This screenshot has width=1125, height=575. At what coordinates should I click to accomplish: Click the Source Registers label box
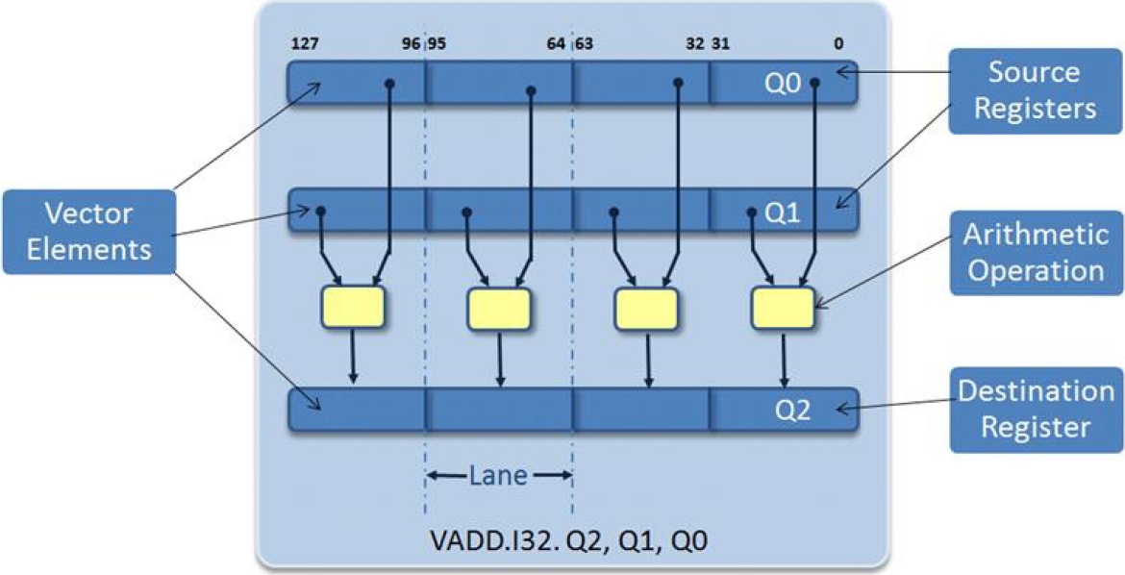(1034, 89)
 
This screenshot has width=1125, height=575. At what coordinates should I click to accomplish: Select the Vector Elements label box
(88, 232)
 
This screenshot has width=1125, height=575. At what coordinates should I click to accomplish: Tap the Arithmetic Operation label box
(1036, 252)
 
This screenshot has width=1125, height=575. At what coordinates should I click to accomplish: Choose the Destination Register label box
(1036, 409)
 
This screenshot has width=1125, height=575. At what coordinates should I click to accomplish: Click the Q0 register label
(782, 84)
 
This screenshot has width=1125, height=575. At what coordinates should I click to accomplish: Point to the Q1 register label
(782, 212)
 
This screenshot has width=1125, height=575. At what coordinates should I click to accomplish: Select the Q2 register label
(794, 411)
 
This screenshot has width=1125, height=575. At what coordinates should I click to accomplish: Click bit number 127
(304, 43)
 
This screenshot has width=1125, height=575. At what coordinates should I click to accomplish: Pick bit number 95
(437, 43)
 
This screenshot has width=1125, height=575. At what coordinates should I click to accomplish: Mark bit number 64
(556, 43)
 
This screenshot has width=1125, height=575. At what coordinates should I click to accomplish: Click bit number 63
(584, 43)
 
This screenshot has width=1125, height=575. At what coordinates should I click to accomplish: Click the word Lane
(498, 475)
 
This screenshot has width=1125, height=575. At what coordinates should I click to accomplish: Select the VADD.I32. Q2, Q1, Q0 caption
(571, 540)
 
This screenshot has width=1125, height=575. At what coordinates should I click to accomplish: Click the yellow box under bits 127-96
(352, 308)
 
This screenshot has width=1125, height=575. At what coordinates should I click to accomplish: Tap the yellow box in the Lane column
(499, 308)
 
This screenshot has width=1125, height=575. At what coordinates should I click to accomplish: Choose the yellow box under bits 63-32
(645, 308)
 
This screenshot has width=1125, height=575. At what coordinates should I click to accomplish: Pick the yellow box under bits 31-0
(783, 308)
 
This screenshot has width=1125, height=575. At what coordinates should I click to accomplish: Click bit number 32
(695, 43)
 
